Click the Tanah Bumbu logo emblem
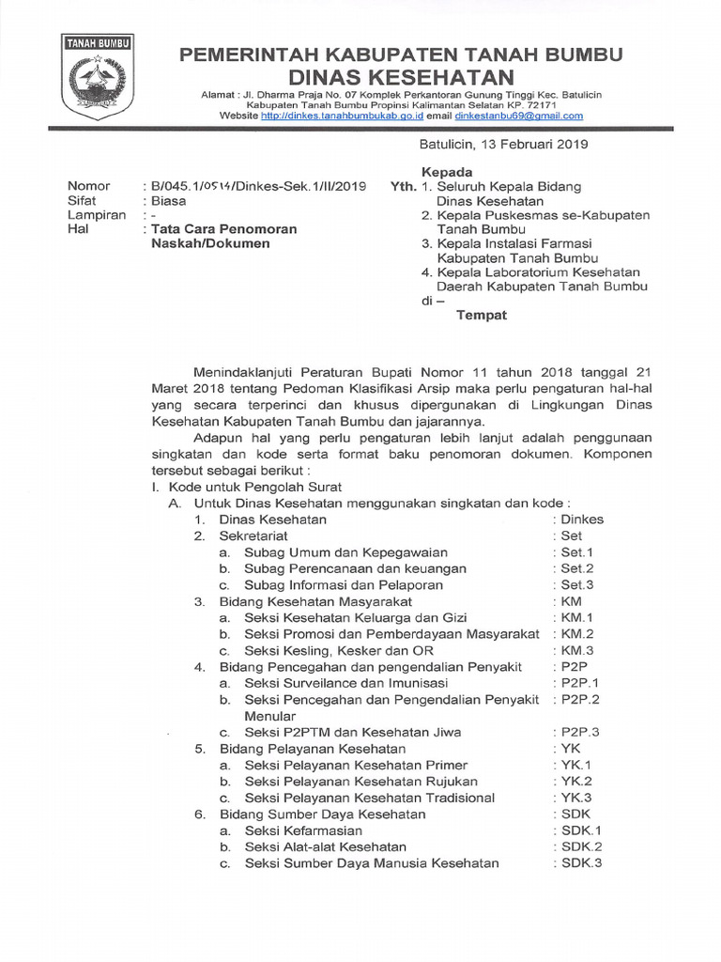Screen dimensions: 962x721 97,73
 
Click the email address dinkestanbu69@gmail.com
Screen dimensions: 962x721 520,116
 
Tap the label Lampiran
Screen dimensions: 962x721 96,214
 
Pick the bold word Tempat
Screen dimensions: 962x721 481,315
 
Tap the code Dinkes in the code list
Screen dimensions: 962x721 582,519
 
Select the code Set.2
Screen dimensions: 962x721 577,568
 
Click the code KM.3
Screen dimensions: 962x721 577,650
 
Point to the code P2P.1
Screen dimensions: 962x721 580,683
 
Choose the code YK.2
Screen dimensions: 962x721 577,781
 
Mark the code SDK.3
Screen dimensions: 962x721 581,863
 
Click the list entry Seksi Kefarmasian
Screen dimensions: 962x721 303,830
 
